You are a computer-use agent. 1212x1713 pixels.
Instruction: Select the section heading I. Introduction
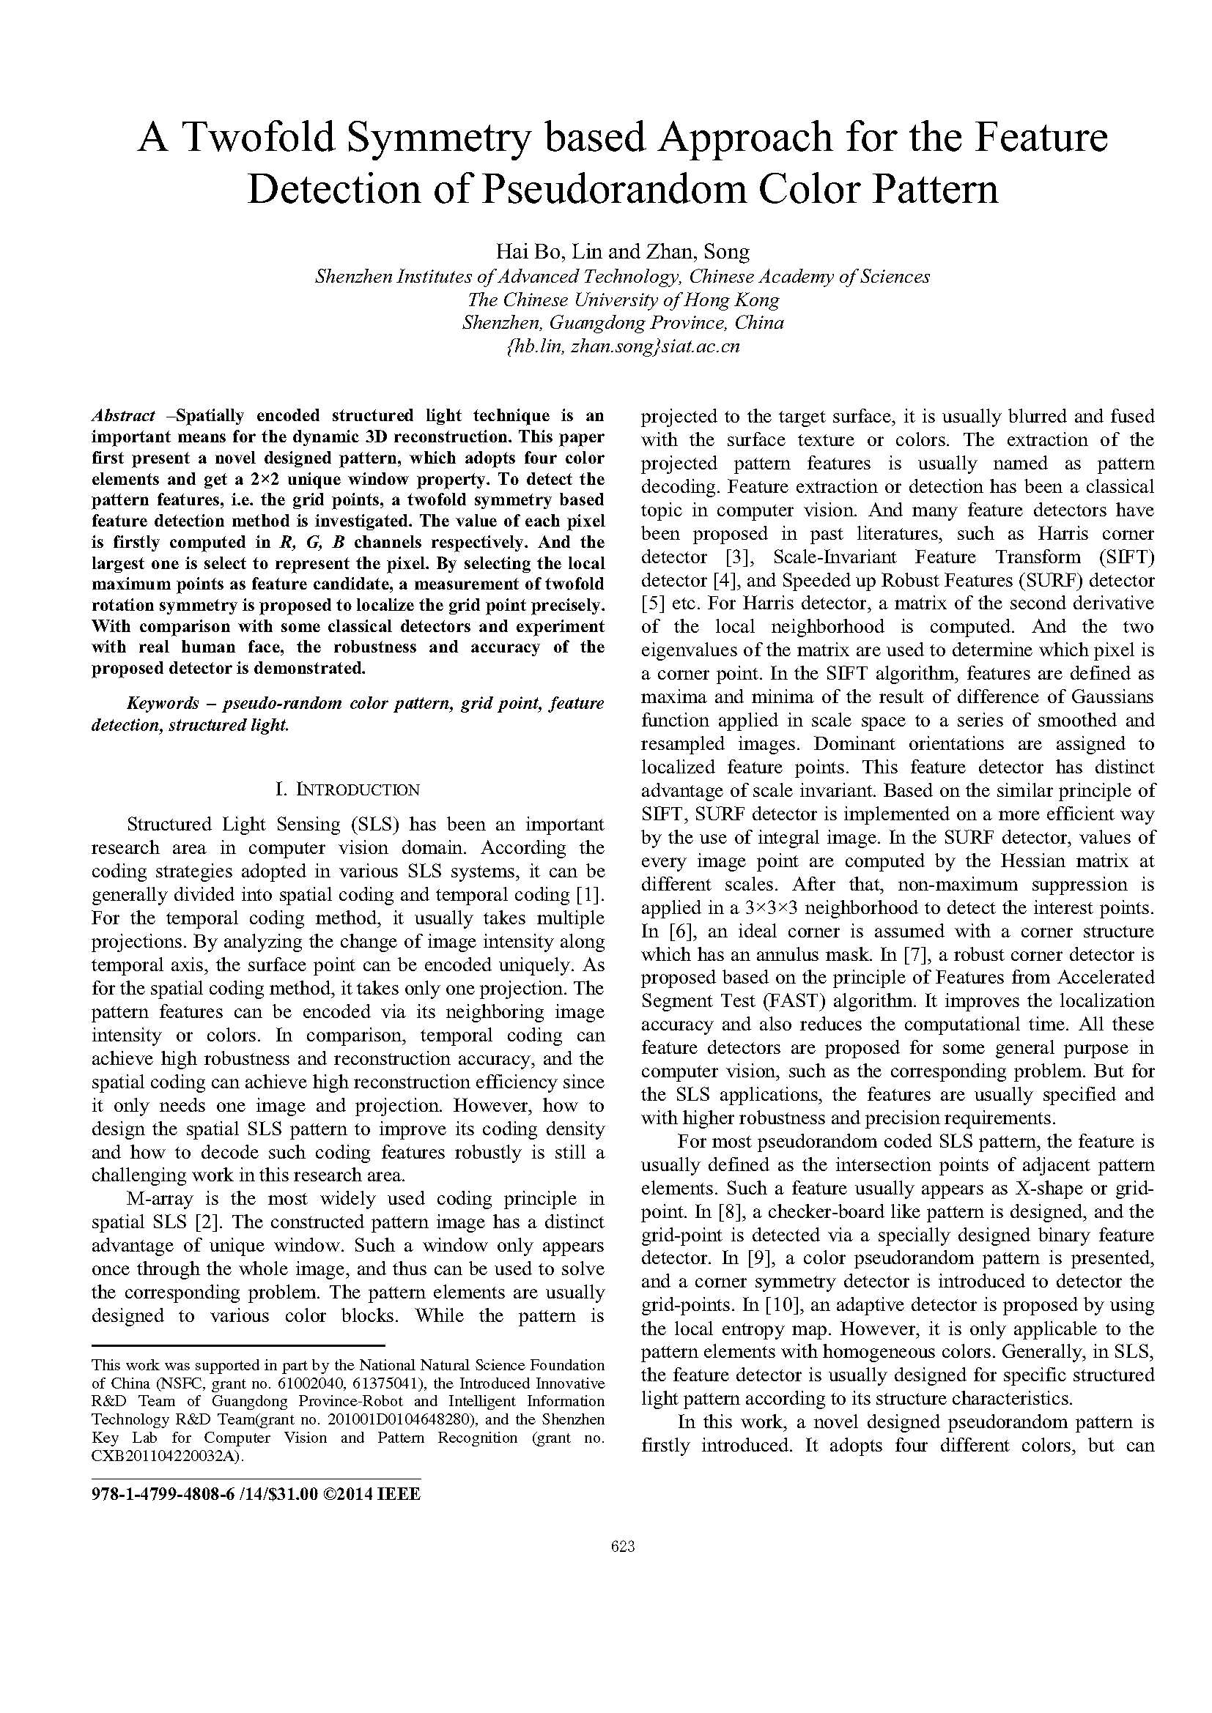point(347,789)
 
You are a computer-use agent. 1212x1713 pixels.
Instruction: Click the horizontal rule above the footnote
point(237,1345)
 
